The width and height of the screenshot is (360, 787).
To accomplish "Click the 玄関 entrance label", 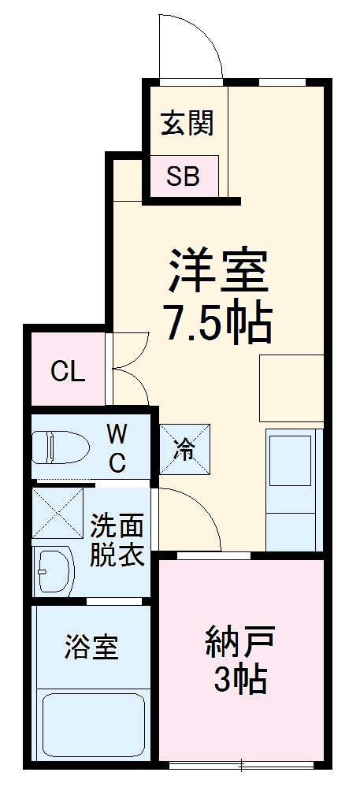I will [x=187, y=124].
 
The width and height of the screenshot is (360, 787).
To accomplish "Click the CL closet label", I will [x=68, y=371].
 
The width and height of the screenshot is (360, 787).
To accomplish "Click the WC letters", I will [x=117, y=447].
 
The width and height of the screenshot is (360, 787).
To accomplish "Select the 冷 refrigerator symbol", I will [x=186, y=450].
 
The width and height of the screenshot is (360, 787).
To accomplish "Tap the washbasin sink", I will [x=53, y=567].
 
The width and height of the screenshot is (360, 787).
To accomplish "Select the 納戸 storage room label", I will [x=240, y=639].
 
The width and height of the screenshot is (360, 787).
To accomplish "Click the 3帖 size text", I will [x=240, y=679].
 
